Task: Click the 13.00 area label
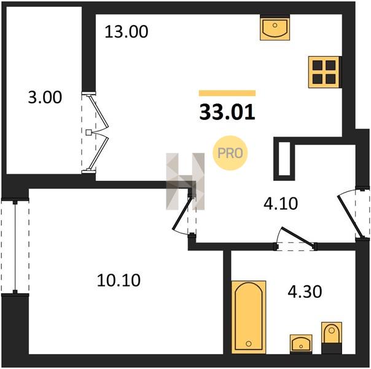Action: click(127, 32)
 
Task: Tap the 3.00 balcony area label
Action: click(45, 97)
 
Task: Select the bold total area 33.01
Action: click(227, 113)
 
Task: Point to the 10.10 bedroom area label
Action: click(119, 280)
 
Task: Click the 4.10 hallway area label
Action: click(281, 204)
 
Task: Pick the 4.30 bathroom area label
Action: click(305, 292)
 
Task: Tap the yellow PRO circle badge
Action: click(230, 153)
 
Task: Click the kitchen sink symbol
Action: click(275, 28)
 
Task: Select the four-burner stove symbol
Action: click(324, 72)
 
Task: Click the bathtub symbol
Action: click(248, 317)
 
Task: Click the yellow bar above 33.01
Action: click(227, 93)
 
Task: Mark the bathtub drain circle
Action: click(248, 343)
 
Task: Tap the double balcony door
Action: click(95, 133)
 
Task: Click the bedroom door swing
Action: click(184, 215)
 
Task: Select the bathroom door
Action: click(296, 239)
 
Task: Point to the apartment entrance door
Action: click(353, 213)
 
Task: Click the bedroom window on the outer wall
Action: click(15, 247)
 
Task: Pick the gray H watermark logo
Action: click(185, 181)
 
